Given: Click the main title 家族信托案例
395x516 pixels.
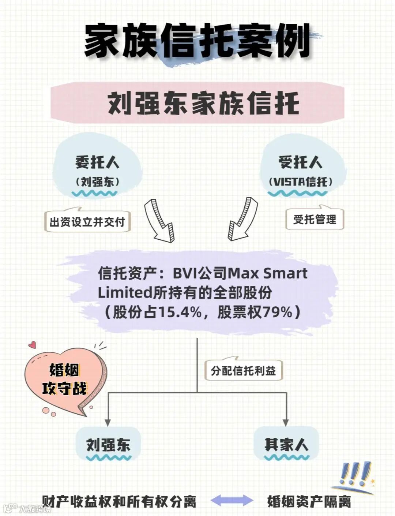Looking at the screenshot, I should pyautogui.click(x=197, y=41).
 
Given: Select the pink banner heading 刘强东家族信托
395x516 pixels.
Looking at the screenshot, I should pyautogui.click(x=203, y=103).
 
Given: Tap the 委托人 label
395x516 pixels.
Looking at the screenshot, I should pyautogui.click(x=97, y=162).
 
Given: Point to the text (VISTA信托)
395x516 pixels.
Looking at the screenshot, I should pyautogui.click(x=300, y=182).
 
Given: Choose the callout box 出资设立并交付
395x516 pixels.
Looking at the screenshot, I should pyautogui.click(x=87, y=221).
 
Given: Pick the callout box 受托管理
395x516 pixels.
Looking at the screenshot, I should pyautogui.click(x=315, y=219).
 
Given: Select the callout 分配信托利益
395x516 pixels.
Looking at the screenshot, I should pyautogui.click(x=243, y=371).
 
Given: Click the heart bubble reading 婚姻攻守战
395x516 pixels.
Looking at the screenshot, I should pyautogui.click(x=64, y=379).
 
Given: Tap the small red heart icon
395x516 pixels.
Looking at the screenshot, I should pyautogui.click(x=33, y=345).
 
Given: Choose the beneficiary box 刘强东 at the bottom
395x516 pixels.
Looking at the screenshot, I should pyautogui.click(x=108, y=445).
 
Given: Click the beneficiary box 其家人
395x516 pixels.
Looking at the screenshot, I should pyautogui.click(x=286, y=445).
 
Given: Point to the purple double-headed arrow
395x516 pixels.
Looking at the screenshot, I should pyautogui.click(x=232, y=500).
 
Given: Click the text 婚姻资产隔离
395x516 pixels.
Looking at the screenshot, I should pyautogui.click(x=309, y=501).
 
